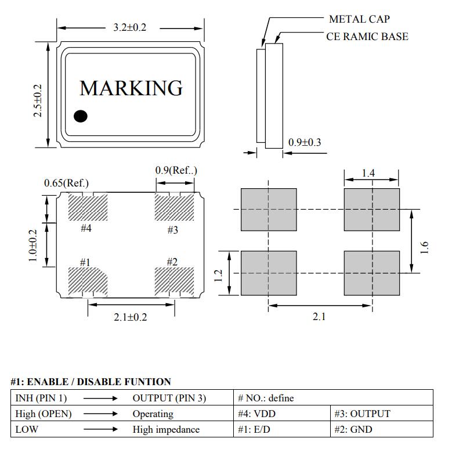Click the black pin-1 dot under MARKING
point(81,116)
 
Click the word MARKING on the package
point(131,88)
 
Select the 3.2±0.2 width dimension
point(129,27)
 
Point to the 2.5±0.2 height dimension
point(38,100)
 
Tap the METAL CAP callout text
point(359,19)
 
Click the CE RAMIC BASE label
point(367,37)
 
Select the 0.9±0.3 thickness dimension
point(305,142)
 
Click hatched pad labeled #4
point(88,207)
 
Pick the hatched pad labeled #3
point(174,207)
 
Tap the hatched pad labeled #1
point(88,281)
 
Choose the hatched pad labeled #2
point(174,281)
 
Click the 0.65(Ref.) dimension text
point(66,184)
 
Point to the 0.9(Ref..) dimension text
point(176,170)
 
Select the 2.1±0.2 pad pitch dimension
point(131,317)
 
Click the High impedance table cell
point(165,429)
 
